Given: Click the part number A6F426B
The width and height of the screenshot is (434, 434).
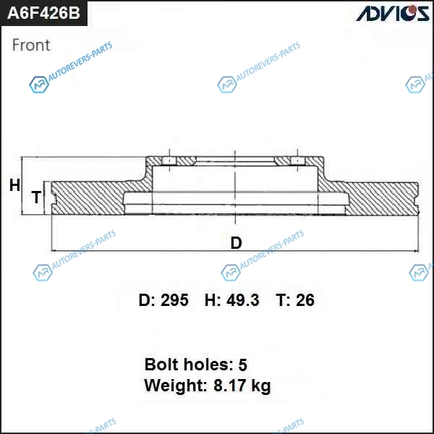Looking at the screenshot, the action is click(x=43, y=13).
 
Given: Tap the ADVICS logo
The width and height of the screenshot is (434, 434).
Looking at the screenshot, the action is click(x=393, y=13).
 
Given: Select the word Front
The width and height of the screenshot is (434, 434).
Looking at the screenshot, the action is click(x=31, y=45).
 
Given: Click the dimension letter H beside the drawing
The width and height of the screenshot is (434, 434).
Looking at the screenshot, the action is click(x=14, y=185).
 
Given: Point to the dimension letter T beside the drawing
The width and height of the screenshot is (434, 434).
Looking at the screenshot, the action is click(x=36, y=197).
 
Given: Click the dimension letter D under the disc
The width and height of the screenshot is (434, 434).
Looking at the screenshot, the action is click(x=236, y=243).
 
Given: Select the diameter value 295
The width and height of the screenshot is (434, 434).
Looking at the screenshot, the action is click(x=174, y=300).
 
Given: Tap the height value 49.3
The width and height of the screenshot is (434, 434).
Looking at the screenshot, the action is click(x=243, y=300).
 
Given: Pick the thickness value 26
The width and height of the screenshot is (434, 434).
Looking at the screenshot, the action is click(x=305, y=300).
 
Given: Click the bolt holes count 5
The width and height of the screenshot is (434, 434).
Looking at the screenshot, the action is click(x=242, y=365).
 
